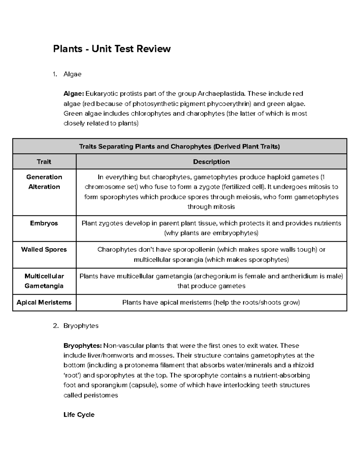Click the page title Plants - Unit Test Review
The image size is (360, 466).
[x=112, y=49]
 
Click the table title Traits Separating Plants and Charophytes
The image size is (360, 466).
[x=179, y=146]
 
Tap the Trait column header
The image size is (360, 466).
[x=44, y=162]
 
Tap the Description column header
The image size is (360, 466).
[x=211, y=162]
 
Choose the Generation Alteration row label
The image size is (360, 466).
[x=44, y=182]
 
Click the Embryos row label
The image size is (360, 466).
[x=44, y=223]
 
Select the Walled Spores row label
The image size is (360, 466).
[x=44, y=249]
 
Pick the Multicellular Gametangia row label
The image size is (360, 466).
[x=44, y=281]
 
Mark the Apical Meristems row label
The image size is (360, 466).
[x=44, y=302]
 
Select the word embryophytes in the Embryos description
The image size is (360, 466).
[x=235, y=233]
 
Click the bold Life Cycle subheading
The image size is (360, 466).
[x=79, y=415]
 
